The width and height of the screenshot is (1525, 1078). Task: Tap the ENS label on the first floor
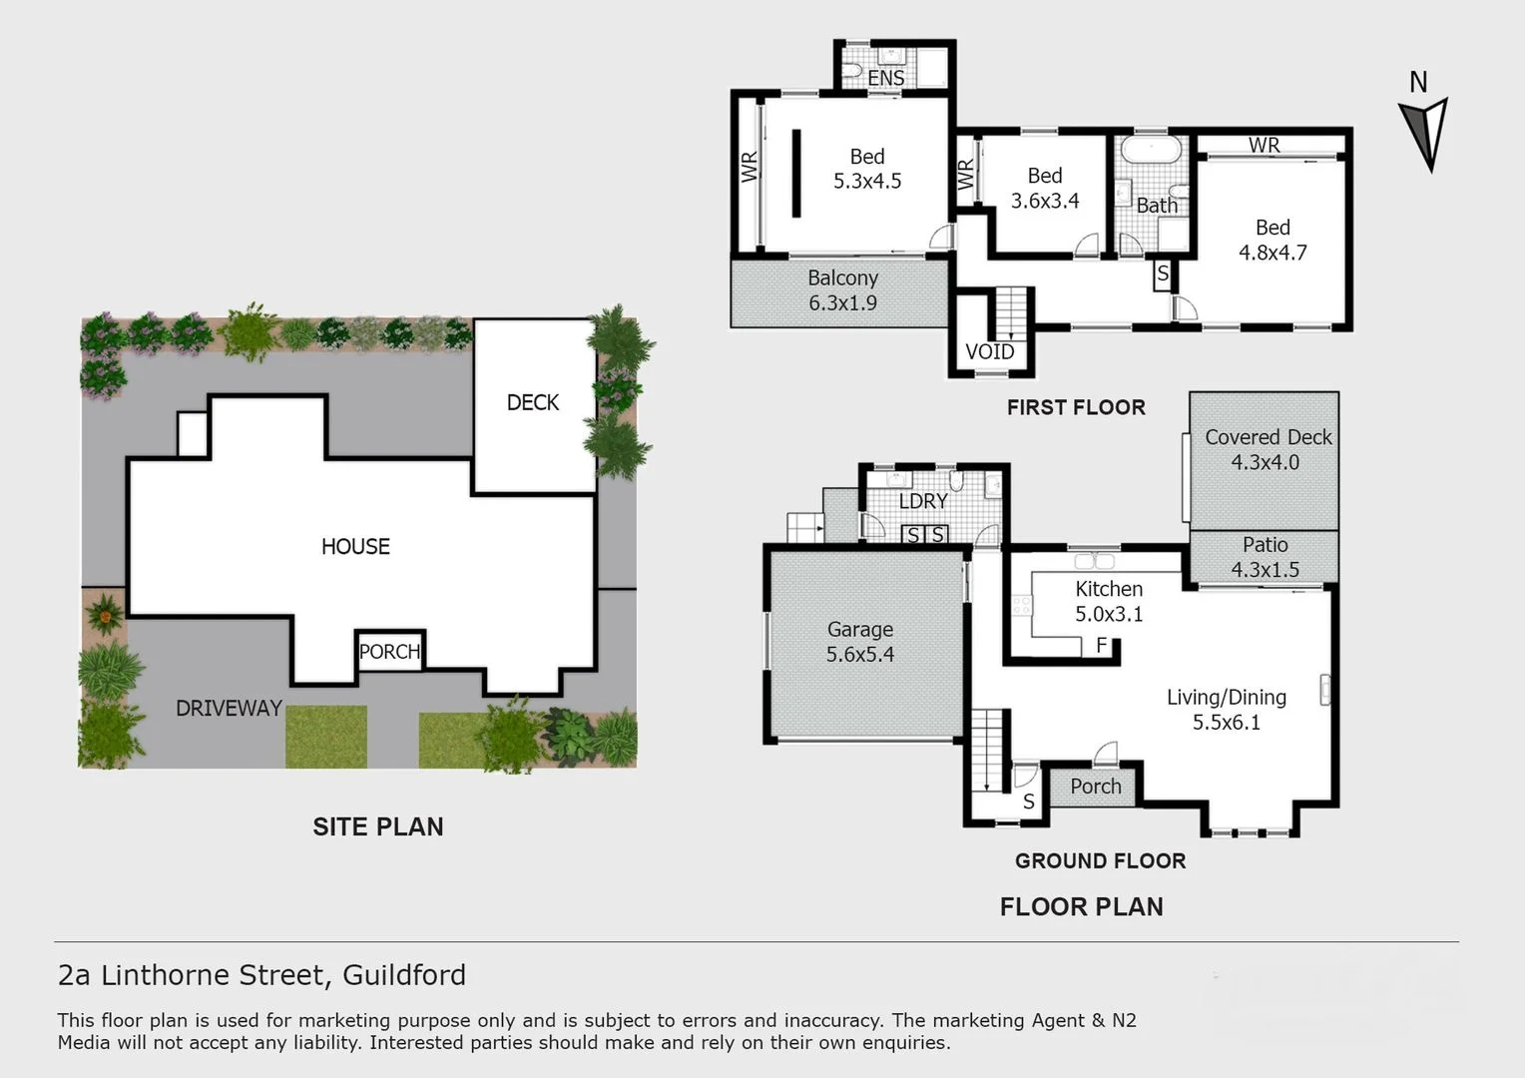pos(885,78)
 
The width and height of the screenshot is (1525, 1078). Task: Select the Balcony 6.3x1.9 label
pos(842,290)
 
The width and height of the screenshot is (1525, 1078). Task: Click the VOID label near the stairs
pos(989,351)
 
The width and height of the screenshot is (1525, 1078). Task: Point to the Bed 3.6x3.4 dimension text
pos(1045,201)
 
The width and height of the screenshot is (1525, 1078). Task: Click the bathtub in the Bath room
pos(1151,150)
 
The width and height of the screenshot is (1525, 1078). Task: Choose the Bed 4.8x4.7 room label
pos(1272,240)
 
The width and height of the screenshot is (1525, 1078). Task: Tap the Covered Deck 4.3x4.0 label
pos(1267,449)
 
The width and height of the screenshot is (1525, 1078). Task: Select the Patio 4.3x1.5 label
pos(1265,557)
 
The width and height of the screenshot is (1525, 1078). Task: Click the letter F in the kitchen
pos(1102,645)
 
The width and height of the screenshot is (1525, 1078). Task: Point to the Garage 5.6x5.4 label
pos(859,642)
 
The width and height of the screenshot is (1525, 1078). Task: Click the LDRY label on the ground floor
pos(922,501)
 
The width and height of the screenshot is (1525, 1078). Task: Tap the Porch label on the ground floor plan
pos(1095,787)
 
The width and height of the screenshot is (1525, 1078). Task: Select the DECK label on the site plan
pos(532,402)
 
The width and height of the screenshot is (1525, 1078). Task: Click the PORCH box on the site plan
pos(389,652)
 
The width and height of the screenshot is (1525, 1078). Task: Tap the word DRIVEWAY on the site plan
pos(229,708)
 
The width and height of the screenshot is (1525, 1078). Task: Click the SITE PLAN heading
pos(377,826)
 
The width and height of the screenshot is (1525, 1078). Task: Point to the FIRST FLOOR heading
pos(1075,407)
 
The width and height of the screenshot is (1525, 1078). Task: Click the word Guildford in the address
pos(404,974)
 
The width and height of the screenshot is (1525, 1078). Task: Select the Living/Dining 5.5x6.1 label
pos(1226,709)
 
